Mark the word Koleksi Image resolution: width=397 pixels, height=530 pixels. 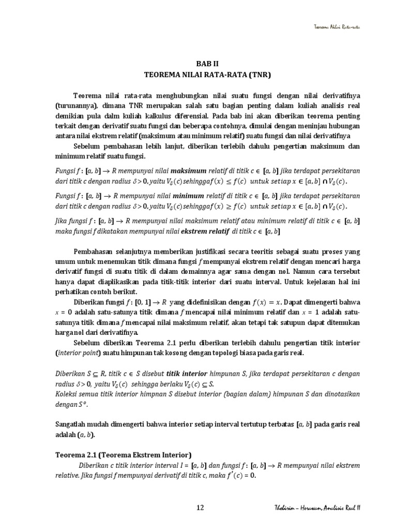[x=67, y=393]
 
